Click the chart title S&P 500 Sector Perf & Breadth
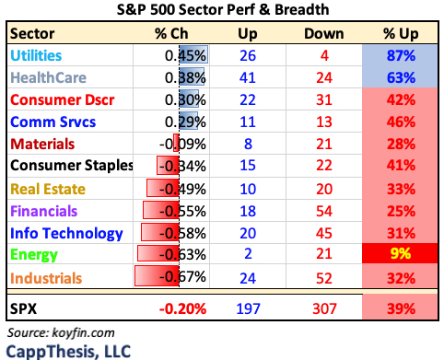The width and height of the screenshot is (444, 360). (221, 12)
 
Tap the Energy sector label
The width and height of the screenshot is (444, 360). (33, 254)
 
